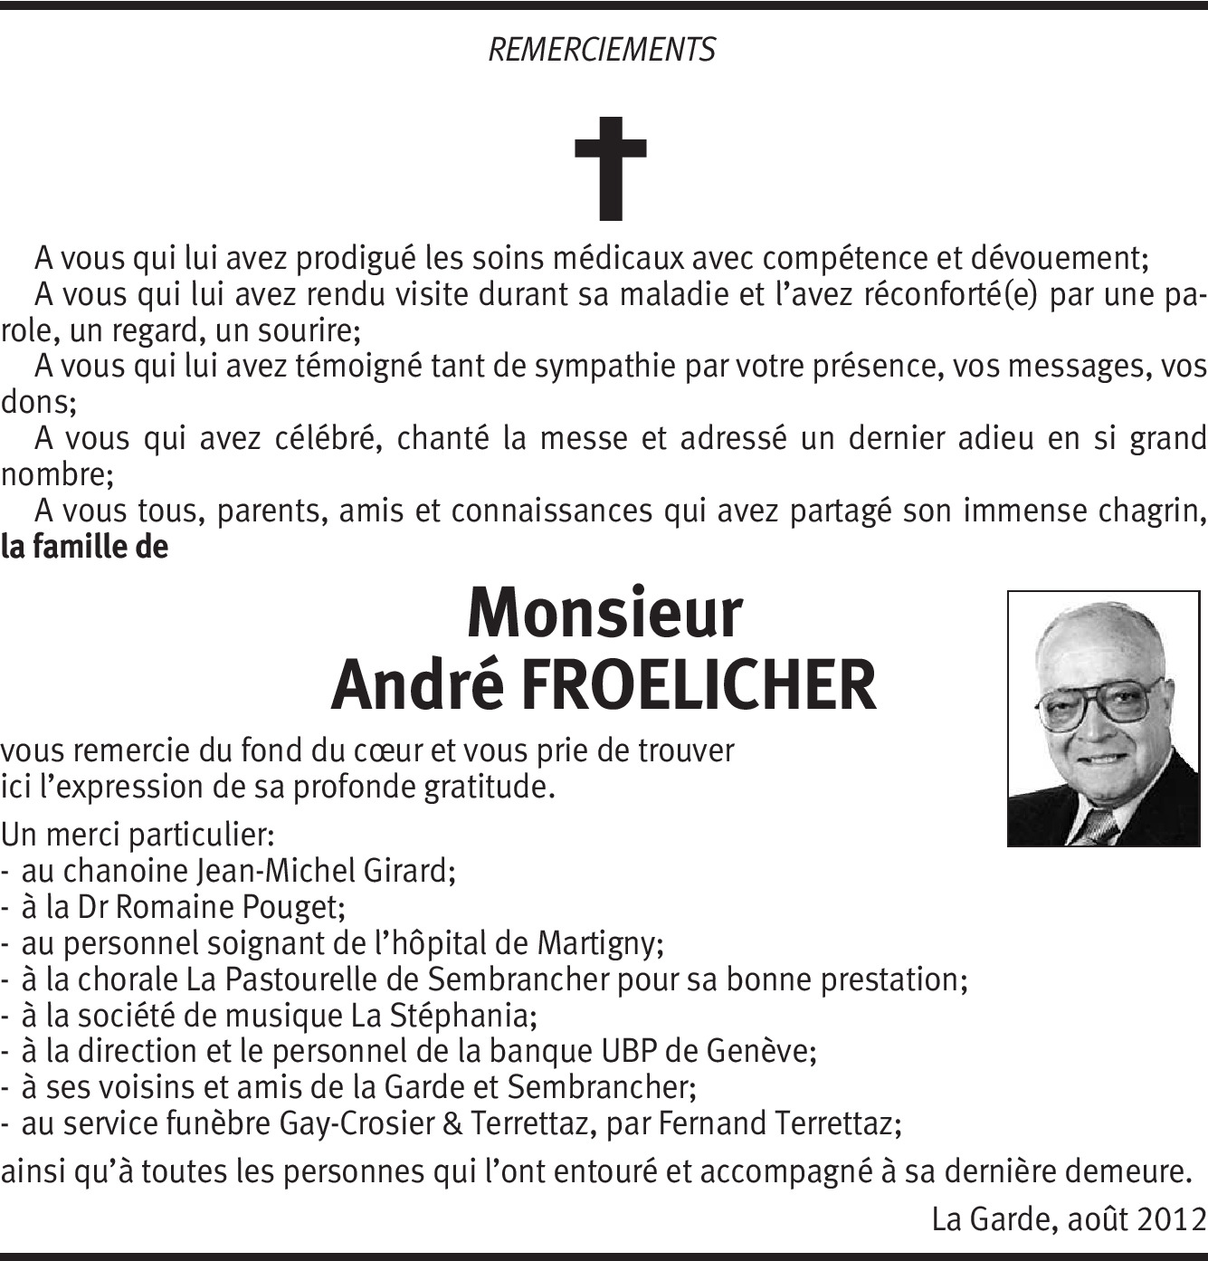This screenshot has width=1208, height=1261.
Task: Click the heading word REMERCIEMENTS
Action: click(602, 49)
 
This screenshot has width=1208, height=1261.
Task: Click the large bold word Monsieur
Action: click(604, 614)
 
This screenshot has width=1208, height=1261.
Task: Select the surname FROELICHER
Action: click(698, 685)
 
